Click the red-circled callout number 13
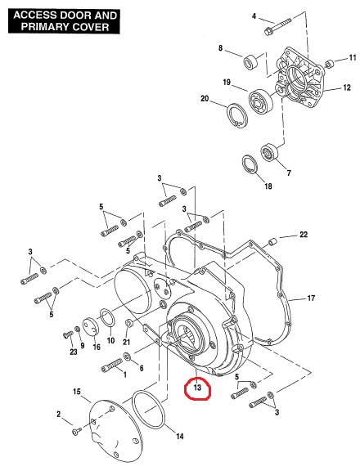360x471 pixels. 197,388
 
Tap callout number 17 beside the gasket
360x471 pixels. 311,298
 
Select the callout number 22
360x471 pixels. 304,235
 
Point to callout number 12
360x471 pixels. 347,87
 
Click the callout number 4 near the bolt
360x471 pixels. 254,16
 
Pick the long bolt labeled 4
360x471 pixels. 277,26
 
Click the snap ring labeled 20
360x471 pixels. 237,116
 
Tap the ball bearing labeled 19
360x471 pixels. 261,101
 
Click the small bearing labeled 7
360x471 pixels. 269,152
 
